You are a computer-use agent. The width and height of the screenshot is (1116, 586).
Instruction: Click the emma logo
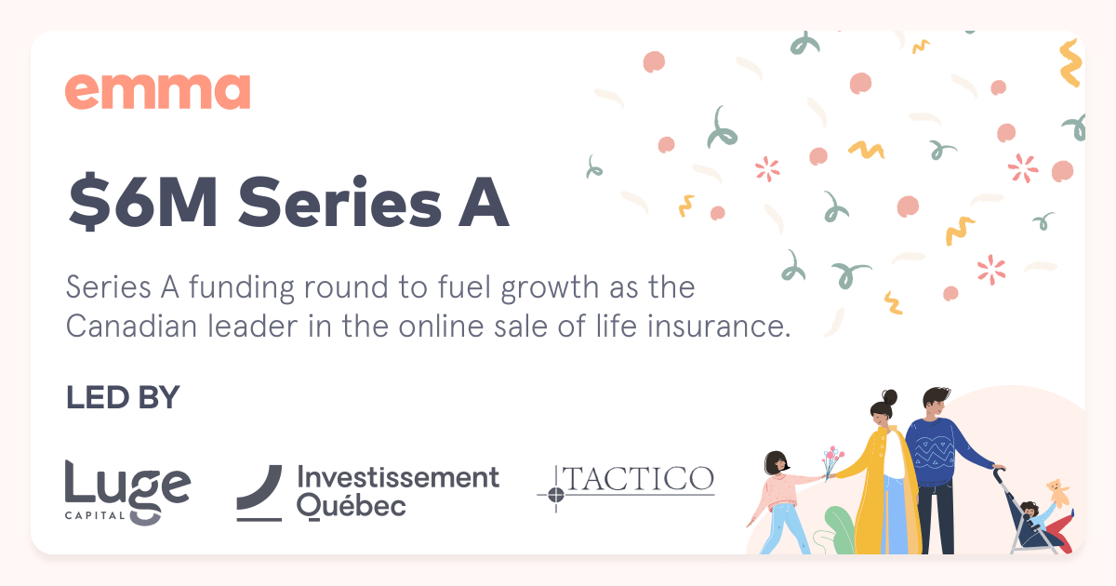(157, 92)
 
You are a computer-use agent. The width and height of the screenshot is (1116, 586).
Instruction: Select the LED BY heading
(122, 398)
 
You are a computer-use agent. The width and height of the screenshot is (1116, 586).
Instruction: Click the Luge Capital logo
(127, 490)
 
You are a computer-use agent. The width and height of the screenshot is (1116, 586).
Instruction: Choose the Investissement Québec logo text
(397, 491)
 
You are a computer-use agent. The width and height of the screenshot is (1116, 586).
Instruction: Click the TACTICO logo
(640, 479)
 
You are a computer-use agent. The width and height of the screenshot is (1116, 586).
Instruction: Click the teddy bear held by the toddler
(1055, 490)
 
